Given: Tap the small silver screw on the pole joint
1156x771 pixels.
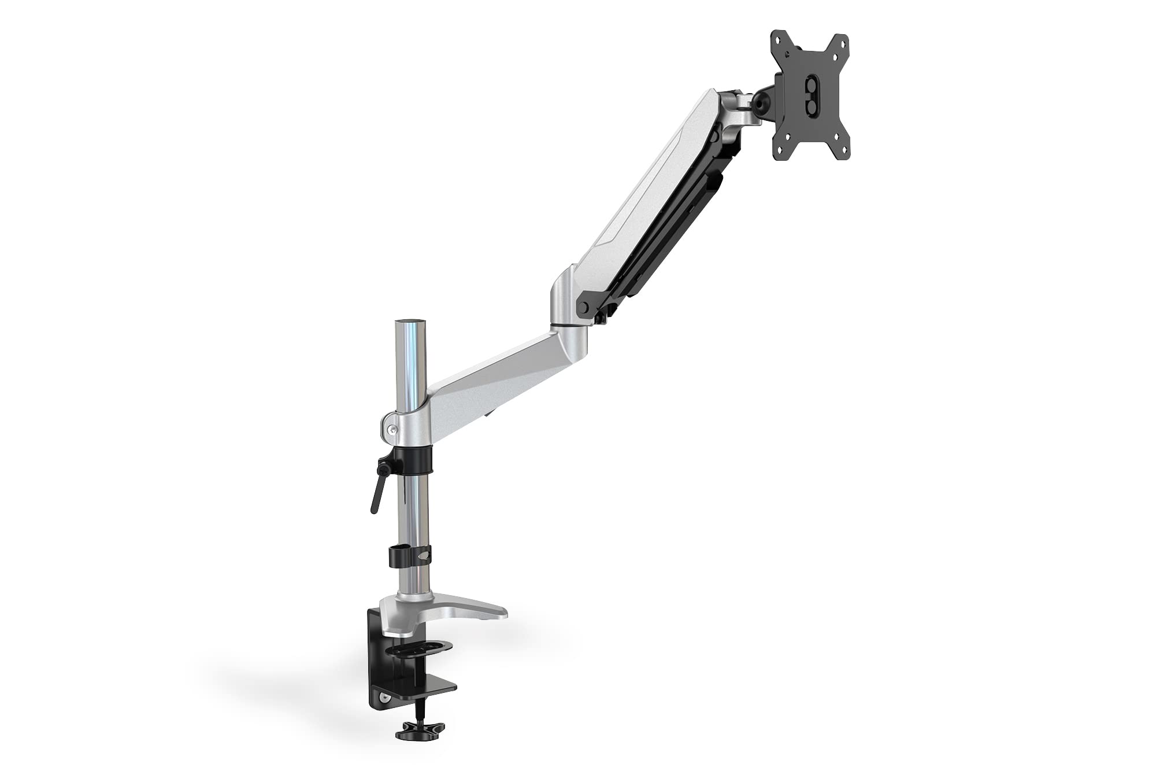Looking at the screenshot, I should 393,429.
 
